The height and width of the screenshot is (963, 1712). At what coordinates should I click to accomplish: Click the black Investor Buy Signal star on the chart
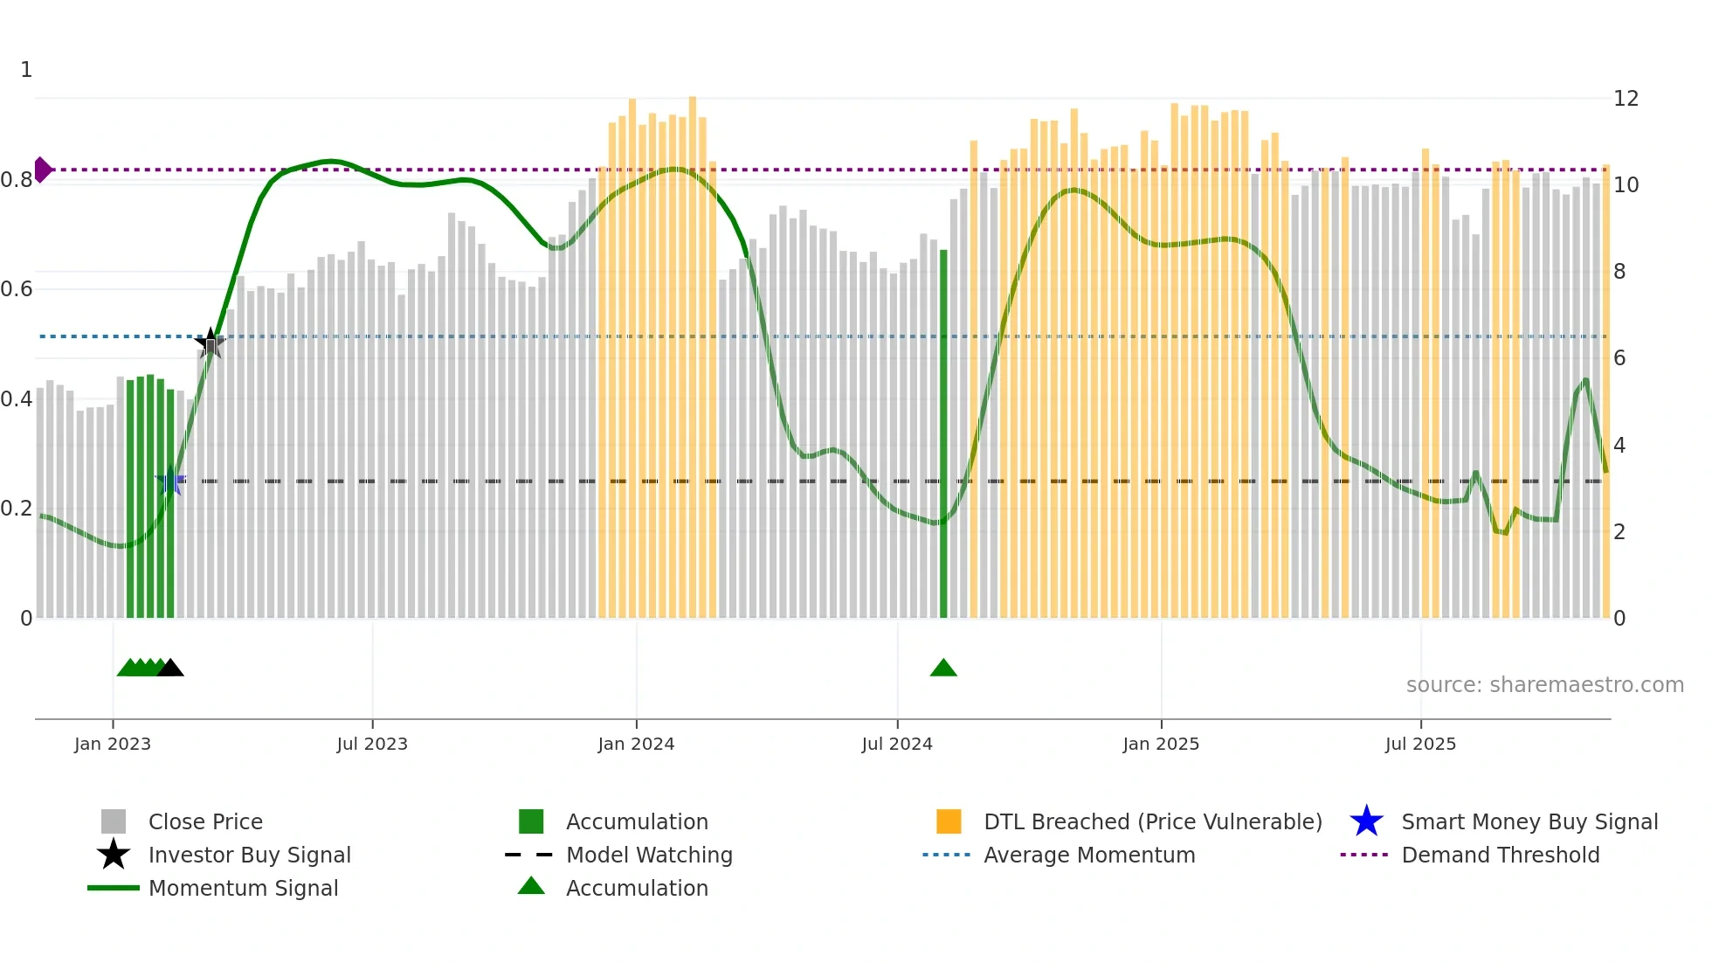210,343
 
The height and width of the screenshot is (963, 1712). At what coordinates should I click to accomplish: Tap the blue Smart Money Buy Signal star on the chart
170,481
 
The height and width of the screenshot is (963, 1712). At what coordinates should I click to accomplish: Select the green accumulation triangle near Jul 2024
943,669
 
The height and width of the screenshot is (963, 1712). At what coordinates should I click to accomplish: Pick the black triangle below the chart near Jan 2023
170,669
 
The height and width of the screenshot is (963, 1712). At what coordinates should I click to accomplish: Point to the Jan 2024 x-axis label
636,744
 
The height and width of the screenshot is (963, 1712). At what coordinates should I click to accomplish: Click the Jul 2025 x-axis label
1420,744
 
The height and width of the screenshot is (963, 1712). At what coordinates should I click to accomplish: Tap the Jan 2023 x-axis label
113,744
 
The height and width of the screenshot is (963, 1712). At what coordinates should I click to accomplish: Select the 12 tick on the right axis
1626,99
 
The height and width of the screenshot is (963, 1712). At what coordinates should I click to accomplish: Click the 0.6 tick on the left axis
17,289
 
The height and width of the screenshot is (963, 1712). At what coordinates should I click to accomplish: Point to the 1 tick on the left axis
26,70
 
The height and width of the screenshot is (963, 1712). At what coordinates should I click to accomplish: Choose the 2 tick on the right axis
1619,532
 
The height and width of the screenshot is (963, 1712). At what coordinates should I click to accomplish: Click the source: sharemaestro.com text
1544,685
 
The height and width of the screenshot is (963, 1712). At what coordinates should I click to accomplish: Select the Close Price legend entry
204,821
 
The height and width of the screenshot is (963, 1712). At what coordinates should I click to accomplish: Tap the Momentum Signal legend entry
242,888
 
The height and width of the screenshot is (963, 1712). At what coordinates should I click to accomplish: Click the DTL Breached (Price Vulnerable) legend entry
1152,821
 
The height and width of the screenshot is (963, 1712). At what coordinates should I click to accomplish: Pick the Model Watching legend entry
648,855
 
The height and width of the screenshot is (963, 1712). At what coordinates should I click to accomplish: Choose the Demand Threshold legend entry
1500,855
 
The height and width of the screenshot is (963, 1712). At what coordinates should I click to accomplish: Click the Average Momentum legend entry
1088,855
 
